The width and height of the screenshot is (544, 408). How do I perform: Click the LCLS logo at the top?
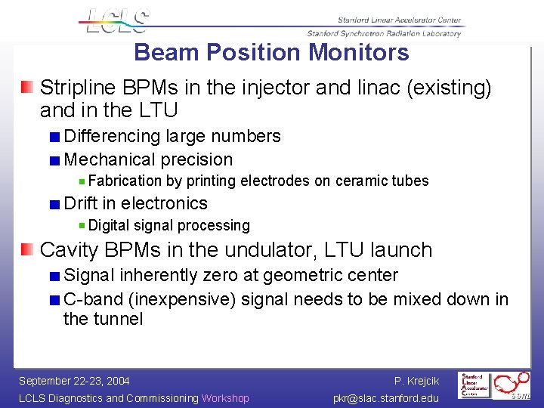[x=118, y=21]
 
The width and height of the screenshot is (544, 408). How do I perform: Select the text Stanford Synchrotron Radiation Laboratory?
[x=384, y=33]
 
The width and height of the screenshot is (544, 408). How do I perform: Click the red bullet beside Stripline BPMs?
[x=27, y=88]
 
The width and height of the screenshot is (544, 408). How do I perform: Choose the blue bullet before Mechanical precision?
[x=55, y=160]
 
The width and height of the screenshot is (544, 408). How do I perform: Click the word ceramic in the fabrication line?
[x=359, y=181]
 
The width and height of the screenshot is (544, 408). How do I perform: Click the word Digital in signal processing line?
[x=109, y=225]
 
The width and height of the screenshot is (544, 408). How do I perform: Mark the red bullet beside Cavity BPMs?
[x=27, y=250]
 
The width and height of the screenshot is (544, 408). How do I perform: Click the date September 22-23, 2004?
[x=74, y=381]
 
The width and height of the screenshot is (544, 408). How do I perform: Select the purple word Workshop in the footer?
[x=225, y=398]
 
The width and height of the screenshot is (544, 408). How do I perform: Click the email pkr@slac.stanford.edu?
[x=385, y=398]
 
